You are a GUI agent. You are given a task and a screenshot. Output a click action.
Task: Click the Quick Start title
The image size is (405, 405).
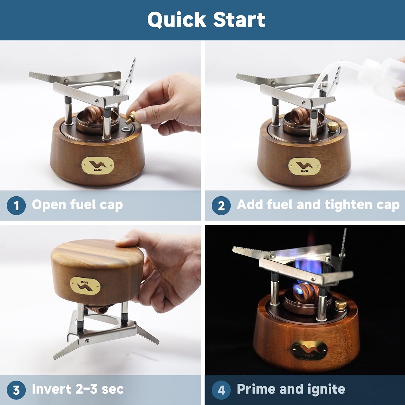[206, 20]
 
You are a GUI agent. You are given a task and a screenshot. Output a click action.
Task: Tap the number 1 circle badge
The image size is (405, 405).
[16, 205]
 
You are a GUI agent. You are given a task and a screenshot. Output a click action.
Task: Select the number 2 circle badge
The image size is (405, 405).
[221, 205]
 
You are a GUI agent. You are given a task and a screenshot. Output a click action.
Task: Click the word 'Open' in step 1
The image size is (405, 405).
[49, 205]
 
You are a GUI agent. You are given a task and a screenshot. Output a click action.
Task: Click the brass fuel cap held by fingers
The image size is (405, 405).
[133, 117]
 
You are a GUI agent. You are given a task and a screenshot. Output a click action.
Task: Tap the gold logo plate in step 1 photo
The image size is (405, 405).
[98, 165]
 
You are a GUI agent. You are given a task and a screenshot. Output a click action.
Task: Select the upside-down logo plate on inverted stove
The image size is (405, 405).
[85, 285]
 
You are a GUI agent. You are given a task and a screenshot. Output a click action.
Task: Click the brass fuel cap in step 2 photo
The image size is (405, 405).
[332, 126]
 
